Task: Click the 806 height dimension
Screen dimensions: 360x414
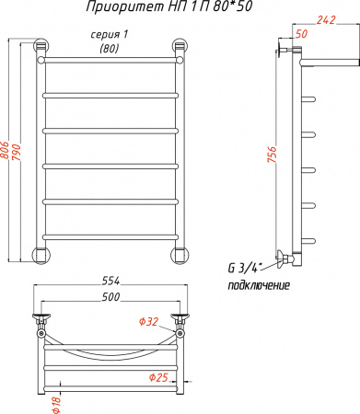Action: tap(5, 150)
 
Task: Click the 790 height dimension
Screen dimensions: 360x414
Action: tap(16, 152)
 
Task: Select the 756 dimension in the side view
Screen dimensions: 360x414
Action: tap(272, 155)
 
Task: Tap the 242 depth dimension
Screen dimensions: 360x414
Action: tap(326, 20)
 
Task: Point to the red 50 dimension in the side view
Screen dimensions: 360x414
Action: tap(301, 34)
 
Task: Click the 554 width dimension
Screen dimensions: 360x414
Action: tap(110, 281)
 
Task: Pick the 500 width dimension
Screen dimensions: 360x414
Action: tap(110, 297)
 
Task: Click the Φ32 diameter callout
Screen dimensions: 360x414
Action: tap(149, 322)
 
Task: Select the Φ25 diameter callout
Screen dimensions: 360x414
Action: tap(158, 377)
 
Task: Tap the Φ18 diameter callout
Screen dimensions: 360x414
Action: tap(57, 405)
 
